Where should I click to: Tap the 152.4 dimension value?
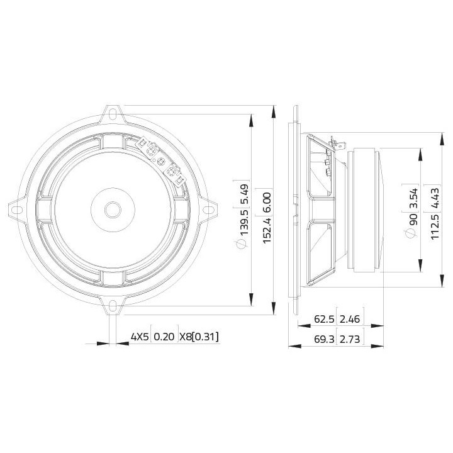coord(267,232)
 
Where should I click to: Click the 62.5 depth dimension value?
coord(323,320)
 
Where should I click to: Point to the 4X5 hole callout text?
coord(139,337)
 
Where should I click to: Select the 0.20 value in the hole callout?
coord(164,337)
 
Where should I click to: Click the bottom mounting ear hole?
coord(113,308)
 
